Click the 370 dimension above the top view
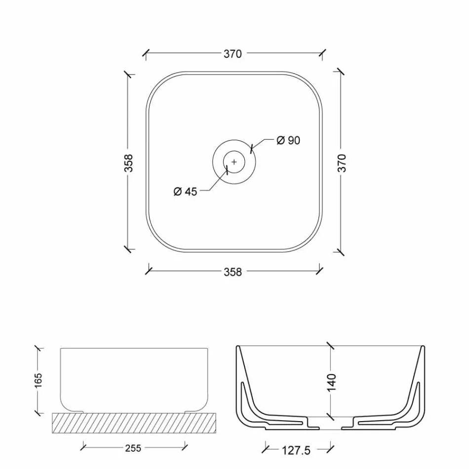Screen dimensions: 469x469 point(233,54)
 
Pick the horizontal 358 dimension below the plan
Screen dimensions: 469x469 point(233,272)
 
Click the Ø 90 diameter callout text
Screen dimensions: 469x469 point(288,141)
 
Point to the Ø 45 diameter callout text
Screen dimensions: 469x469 point(185,192)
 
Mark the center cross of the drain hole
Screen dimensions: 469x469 point(234,162)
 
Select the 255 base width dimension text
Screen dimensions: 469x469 point(133,448)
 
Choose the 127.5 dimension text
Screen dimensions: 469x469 point(296,450)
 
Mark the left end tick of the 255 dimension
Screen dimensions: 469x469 point(83,447)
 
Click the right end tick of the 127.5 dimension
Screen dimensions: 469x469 point(330,449)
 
